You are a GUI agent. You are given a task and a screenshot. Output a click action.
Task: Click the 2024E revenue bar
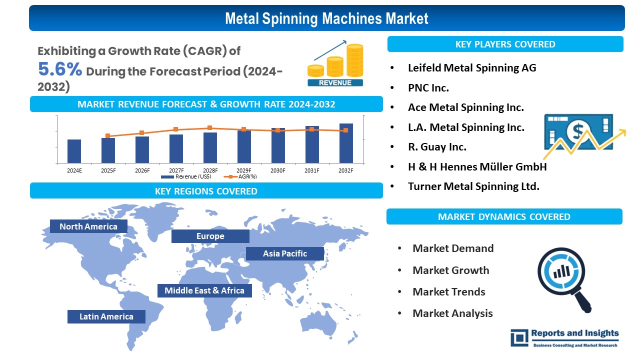(x=74, y=151)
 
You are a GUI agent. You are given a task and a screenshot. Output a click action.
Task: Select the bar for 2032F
(x=346, y=143)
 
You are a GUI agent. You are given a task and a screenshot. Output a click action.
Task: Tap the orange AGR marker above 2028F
(x=209, y=128)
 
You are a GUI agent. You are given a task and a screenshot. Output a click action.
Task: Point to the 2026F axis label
(x=142, y=170)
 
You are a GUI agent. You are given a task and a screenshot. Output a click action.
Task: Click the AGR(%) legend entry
(x=239, y=176)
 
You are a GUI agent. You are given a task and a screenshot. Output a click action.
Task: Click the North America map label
(x=88, y=226)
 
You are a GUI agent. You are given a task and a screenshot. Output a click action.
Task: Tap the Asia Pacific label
(x=285, y=253)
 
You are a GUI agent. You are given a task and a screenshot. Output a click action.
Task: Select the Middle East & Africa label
(x=204, y=290)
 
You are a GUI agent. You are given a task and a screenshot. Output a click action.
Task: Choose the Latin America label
(x=106, y=316)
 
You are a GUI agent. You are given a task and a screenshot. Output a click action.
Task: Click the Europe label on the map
(x=210, y=236)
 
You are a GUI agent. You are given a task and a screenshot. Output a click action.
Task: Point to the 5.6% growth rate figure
(x=60, y=69)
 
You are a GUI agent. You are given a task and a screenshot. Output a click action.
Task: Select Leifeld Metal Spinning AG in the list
(x=471, y=67)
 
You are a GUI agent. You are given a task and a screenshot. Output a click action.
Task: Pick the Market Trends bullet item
(x=448, y=291)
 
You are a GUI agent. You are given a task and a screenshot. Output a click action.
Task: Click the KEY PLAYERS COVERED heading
(x=505, y=44)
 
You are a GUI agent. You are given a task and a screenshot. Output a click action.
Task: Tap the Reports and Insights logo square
(x=519, y=337)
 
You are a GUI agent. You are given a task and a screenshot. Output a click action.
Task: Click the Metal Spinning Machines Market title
(x=326, y=18)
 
